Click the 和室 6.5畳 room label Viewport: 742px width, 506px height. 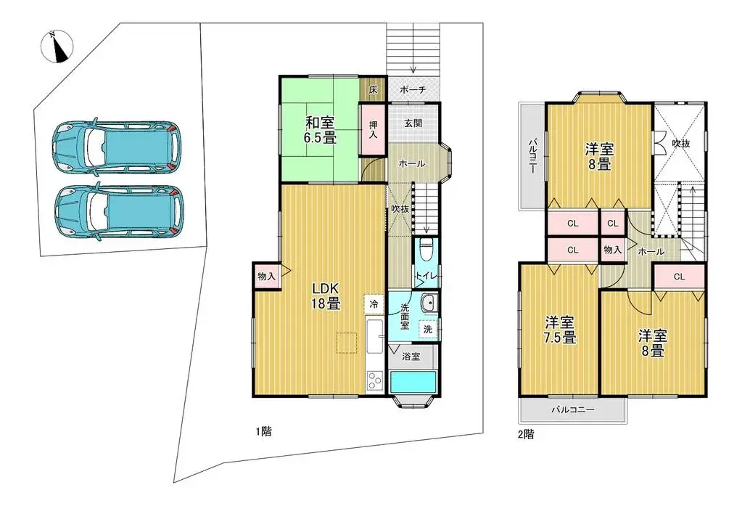point(320,128)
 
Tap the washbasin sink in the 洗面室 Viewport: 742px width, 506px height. point(428,303)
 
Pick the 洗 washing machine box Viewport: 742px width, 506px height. point(428,329)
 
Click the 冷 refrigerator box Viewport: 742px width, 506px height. point(374,303)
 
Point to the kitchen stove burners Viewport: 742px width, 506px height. point(374,380)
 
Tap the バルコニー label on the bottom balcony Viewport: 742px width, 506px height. point(572,410)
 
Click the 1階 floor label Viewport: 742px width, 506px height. point(263,431)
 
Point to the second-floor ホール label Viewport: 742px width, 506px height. point(651,251)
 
